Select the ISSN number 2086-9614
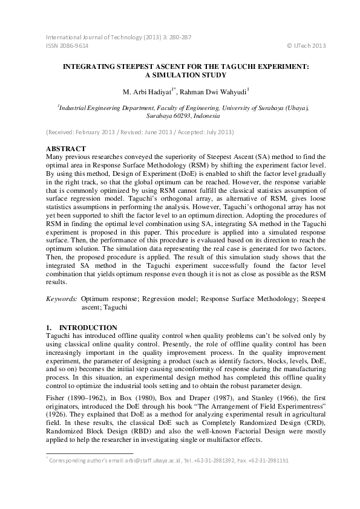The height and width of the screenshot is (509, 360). click(x=67, y=45)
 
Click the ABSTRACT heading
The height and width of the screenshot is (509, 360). click(x=66, y=149)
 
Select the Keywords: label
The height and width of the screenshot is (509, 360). click(x=62, y=299)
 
